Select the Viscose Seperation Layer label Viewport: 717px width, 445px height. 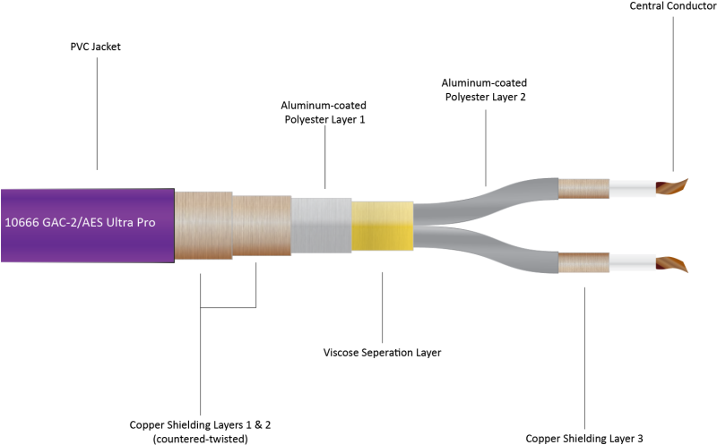[382, 353]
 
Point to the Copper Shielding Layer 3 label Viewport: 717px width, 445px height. [584, 437]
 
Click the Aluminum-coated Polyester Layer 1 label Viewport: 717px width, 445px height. [324, 112]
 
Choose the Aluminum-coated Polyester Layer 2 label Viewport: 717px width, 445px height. [485, 90]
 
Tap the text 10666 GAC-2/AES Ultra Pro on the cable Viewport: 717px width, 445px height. [86, 222]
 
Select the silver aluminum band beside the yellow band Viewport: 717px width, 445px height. [321, 224]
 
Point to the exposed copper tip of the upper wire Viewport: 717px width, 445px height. [670, 187]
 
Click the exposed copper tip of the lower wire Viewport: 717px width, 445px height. [670, 264]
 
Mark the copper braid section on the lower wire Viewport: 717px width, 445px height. [583, 262]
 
